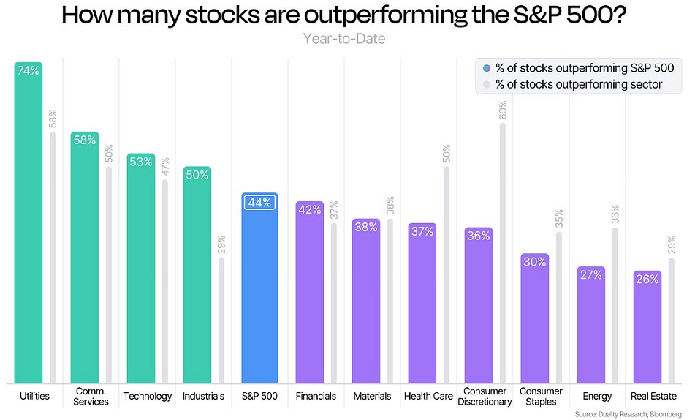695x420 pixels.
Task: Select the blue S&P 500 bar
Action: pos(259,293)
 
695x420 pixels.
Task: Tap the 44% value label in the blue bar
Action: pos(259,203)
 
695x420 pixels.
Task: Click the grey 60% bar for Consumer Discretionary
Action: pos(503,256)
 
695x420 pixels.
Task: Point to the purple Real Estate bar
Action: pos(647,329)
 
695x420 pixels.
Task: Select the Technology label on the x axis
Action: pos(148,396)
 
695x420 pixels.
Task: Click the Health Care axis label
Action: pos(428,396)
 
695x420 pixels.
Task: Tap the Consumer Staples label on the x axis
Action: pos(541,396)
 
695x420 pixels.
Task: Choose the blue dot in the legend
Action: pos(487,68)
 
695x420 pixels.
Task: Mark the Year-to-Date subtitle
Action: pos(344,38)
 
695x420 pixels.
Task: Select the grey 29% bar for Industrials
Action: pos(221,322)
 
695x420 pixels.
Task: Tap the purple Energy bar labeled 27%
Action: pos(590,329)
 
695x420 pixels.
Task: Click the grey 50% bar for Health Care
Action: pos(447,278)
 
